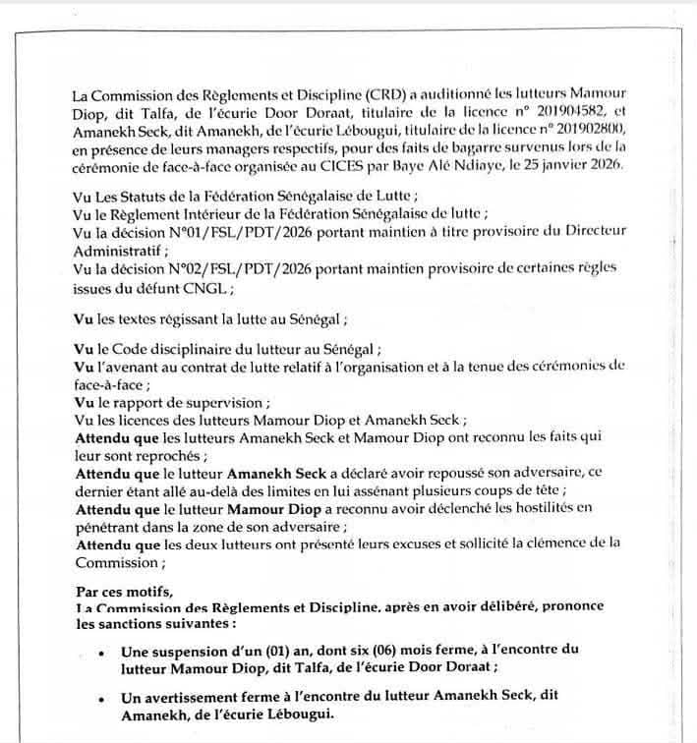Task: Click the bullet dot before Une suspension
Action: pos(102,652)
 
